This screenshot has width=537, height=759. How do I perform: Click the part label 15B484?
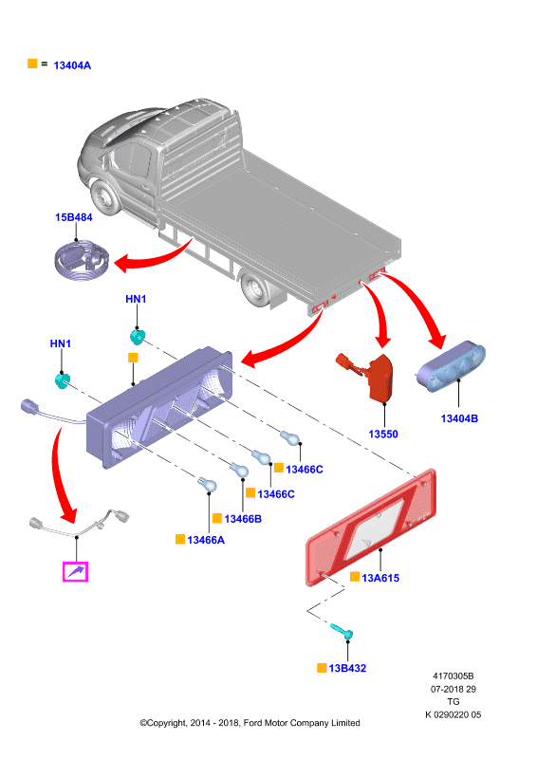[74, 217]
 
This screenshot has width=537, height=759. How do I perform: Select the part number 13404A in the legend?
[72, 65]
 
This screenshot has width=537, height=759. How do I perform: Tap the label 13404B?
[459, 418]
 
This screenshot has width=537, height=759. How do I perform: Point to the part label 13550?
[383, 434]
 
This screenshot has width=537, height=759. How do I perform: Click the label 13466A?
[206, 540]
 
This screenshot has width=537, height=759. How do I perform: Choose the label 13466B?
[243, 519]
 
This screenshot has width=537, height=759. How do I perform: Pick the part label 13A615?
[380, 578]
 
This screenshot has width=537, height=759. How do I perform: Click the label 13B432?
[347, 668]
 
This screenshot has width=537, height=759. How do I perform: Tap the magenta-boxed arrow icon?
[76, 572]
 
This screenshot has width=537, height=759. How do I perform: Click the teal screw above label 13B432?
[342, 631]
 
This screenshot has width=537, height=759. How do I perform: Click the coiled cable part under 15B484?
[83, 260]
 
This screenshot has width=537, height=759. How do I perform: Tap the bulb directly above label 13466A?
[207, 484]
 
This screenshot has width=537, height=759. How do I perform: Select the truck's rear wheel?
[255, 289]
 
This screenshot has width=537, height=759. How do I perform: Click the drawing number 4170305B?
[454, 676]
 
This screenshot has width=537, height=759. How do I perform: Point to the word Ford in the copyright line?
[252, 723]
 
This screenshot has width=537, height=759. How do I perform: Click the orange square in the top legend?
[32, 64]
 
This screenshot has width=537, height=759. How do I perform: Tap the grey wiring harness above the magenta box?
[80, 523]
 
